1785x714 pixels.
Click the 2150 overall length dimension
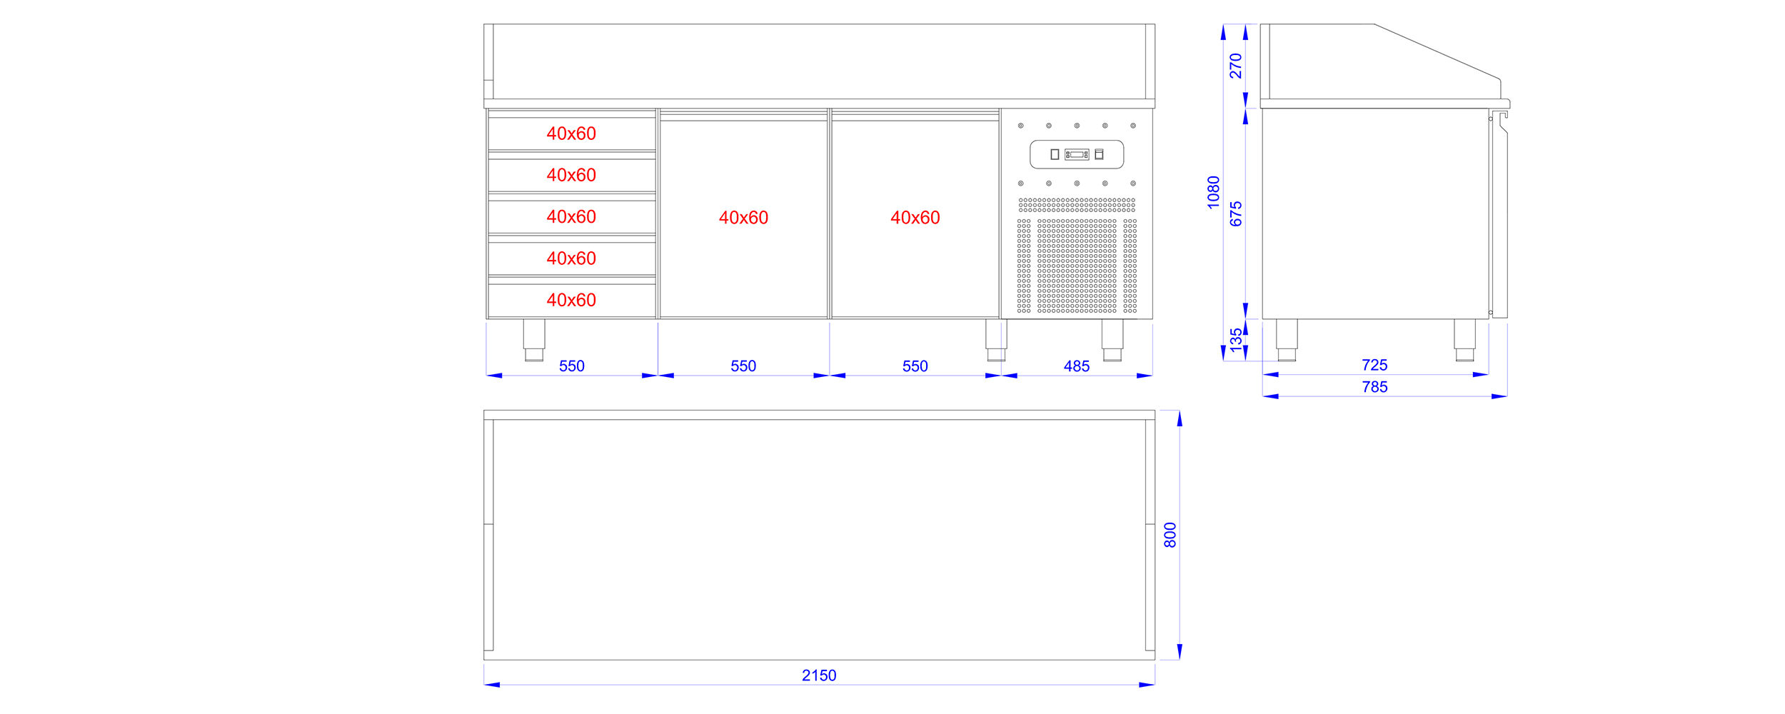pyautogui.click(x=819, y=675)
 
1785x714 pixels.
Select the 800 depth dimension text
pyautogui.click(x=1170, y=535)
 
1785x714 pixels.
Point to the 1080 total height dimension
pyautogui.click(x=1214, y=192)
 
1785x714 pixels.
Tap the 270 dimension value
pyautogui.click(x=1236, y=66)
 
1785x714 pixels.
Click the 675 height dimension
pyautogui.click(x=1236, y=213)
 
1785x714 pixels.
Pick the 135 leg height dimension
pyautogui.click(x=1236, y=341)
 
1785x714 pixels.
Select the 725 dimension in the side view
pyautogui.click(x=1374, y=365)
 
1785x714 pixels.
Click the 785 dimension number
pyautogui.click(x=1374, y=387)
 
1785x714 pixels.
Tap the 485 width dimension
pyautogui.click(x=1077, y=366)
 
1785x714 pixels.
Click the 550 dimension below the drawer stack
pyautogui.click(x=572, y=366)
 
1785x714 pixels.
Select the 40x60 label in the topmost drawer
pyautogui.click(x=571, y=134)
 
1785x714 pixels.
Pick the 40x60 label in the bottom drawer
pyautogui.click(x=571, y=300)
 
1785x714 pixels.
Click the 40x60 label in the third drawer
pyautogui.click(x=571, y=216)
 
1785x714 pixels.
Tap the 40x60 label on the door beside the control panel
pyautogui.click(x=915, y=218)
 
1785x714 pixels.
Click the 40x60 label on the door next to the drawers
pyautogui.click(x=743, y=218)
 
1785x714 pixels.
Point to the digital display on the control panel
pyautogui.click(x=1077, y=154)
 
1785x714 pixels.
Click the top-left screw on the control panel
pyautogui.click(x=1021, y=126)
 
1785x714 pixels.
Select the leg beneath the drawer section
pyautogui.click(x=534, y=340)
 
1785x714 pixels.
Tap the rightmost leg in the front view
pyautogui.click(x=1112, y=340)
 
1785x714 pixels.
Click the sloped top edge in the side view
pyautogui.click(x=1437, y=51)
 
